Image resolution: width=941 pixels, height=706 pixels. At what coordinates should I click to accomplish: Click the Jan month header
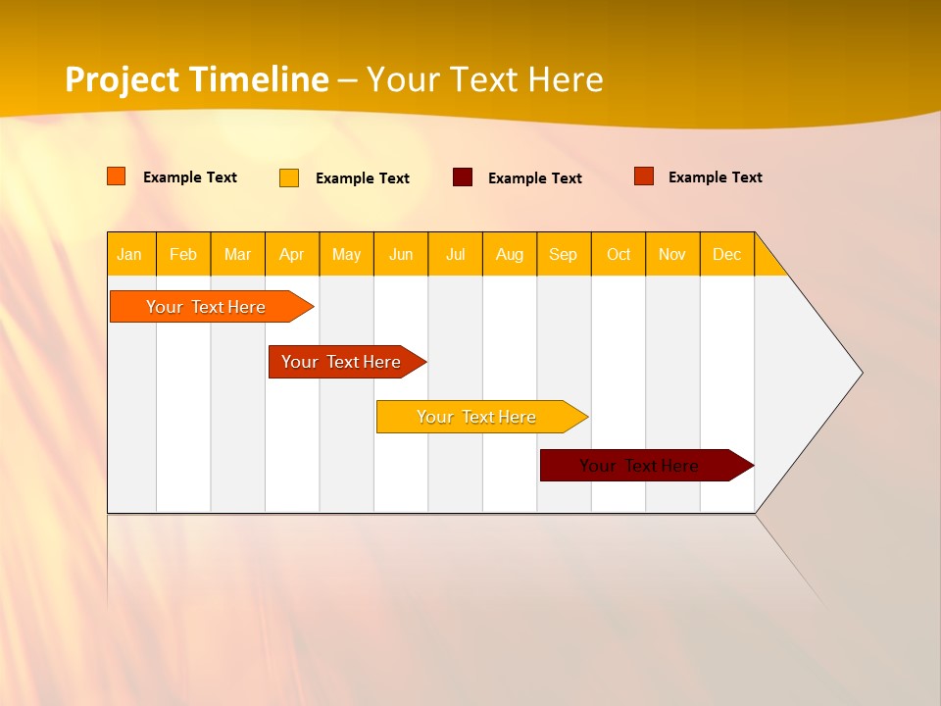click(129, 254)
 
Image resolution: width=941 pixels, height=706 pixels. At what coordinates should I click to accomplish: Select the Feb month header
click(183, 254)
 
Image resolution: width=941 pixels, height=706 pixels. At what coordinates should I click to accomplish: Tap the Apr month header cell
click(292, 254)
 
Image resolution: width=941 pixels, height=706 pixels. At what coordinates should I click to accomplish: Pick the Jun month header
click(401, 254)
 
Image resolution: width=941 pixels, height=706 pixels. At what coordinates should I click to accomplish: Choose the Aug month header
click(510, 254)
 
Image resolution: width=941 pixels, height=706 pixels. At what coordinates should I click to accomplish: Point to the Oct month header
click(619, 254)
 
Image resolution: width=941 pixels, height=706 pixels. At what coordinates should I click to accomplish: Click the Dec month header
click(727, 254)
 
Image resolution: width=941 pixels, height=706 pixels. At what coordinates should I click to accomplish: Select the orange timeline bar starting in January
click(206, 307)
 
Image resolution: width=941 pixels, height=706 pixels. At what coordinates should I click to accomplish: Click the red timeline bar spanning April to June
click(342, 362)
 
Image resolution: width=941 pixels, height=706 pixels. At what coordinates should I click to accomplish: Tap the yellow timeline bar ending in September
click(476, 417)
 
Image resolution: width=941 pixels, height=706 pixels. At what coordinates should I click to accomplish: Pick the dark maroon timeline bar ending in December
click(639, 466)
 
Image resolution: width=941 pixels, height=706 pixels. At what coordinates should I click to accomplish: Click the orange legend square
click(117, 176)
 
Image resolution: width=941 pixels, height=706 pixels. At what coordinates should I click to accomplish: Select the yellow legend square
click(289, 177)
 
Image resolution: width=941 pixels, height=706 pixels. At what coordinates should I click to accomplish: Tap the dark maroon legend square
click(463, 177)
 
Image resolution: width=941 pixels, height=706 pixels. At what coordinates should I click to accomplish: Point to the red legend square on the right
click(644, 176)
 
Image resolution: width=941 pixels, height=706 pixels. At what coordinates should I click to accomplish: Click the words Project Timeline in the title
click(197, 79)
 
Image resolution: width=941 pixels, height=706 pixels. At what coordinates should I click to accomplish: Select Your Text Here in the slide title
click(484, 79)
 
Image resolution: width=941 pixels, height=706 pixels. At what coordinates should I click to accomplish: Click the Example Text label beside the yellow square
click(363, 178)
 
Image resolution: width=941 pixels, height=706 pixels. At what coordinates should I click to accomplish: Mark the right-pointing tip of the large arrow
click(860, 373)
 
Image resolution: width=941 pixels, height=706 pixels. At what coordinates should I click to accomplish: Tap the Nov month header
click(672, 254)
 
